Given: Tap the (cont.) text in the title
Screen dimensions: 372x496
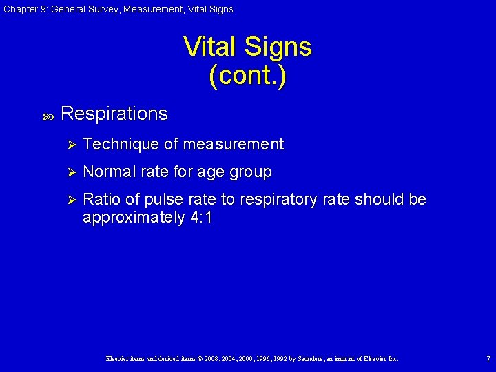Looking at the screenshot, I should coord(247,75).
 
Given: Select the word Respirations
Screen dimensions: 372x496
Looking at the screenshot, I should coord(114,114).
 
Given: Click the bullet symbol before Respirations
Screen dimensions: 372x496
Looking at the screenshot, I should coord(48,116).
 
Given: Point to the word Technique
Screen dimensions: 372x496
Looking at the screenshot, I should coord(121,144).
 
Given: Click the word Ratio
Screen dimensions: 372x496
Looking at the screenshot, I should coord(101,199).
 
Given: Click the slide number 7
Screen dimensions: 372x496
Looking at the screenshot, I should coord(488,360).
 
